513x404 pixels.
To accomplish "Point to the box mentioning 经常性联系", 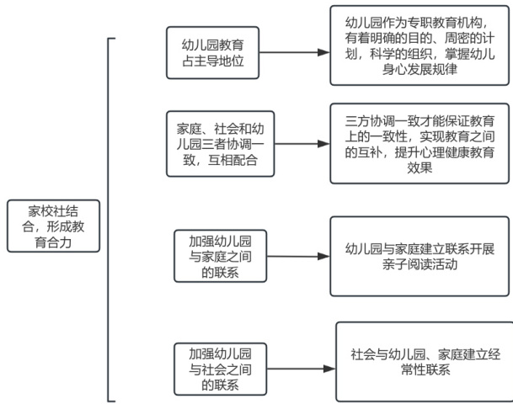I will [424, 361].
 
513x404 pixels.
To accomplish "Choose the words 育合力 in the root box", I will [53, 241].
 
